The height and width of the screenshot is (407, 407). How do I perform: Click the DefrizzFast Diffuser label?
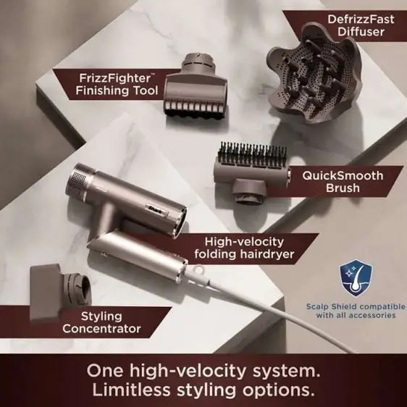pos(361,25)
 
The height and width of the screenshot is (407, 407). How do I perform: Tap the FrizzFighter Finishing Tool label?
pos(117,84)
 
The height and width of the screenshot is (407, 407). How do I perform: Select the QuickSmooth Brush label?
pos(343,182)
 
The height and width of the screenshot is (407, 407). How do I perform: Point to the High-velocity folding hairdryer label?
pos(244,248)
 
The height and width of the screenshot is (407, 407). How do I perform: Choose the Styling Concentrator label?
pos(101,322)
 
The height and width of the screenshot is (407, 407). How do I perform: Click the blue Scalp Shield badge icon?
pos(356,278)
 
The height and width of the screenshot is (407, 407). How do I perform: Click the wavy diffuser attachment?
pos(314,73)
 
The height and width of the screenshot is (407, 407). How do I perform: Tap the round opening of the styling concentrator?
pos(83,288)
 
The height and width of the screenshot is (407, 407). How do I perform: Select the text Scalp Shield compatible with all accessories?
pos(356,311)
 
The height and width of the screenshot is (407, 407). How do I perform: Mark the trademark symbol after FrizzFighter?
pos(153,75)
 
